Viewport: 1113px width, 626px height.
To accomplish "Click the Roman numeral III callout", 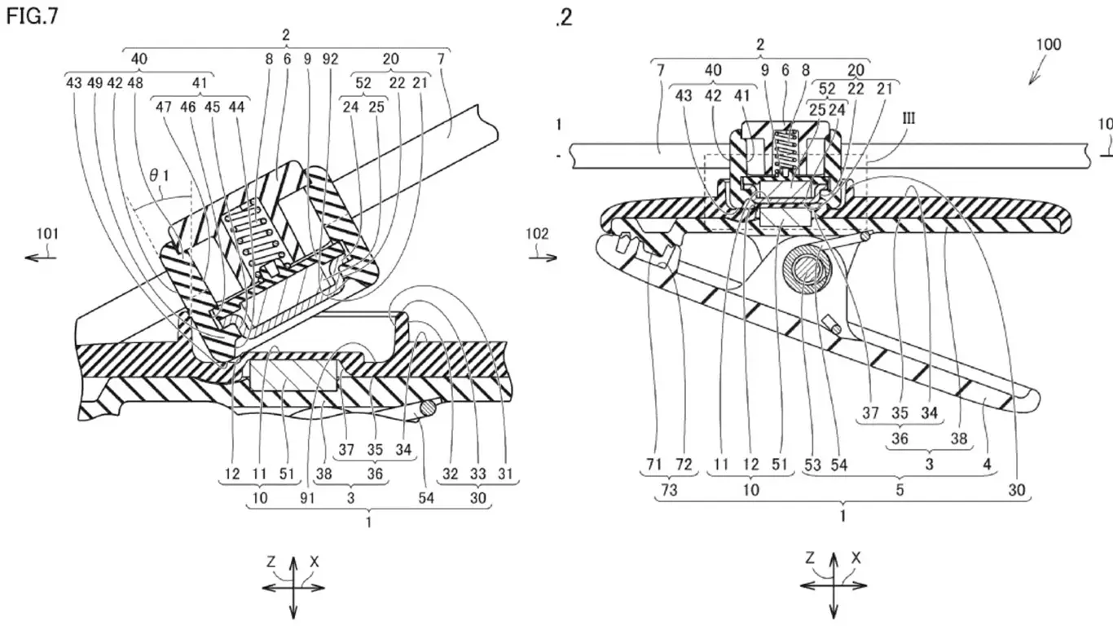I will coord(908,118).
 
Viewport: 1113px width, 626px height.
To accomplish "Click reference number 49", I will coord(96,82).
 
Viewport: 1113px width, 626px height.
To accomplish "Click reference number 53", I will coord(812,465).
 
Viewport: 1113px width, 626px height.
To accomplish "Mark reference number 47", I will coord(165,106).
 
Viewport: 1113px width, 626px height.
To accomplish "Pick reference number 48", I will coord(134,82).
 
